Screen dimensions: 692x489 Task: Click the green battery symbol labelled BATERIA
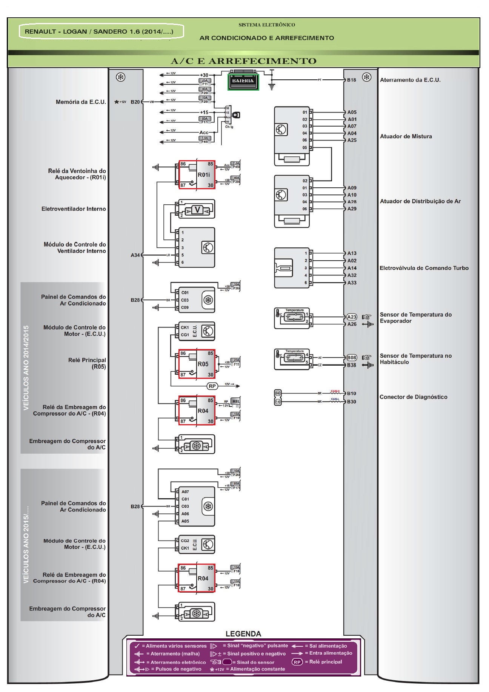point(243,81)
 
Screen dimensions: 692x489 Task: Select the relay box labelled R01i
point(197,174)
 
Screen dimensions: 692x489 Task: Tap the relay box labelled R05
point(197,364)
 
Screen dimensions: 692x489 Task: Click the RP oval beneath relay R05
point(212,386)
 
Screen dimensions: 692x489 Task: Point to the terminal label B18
point(352,80)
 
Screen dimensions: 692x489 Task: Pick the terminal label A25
point(352,140)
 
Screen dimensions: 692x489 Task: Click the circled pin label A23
point(352,317)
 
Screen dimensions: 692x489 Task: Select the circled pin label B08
point(352,357)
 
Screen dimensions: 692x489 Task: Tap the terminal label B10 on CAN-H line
point(352,394)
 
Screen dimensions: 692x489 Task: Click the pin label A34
point(135,255)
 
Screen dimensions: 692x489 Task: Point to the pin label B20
point(135,102)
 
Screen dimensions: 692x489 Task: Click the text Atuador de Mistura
point(406,136)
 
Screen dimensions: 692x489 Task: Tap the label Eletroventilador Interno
point(74,209)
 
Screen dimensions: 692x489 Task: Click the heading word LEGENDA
point(243,634)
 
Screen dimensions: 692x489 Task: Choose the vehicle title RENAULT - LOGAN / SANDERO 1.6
point(99,32)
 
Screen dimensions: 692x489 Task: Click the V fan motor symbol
point(197,210)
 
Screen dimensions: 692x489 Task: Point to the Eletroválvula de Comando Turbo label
point(424,268)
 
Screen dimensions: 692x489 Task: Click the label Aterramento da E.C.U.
point(410,80)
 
